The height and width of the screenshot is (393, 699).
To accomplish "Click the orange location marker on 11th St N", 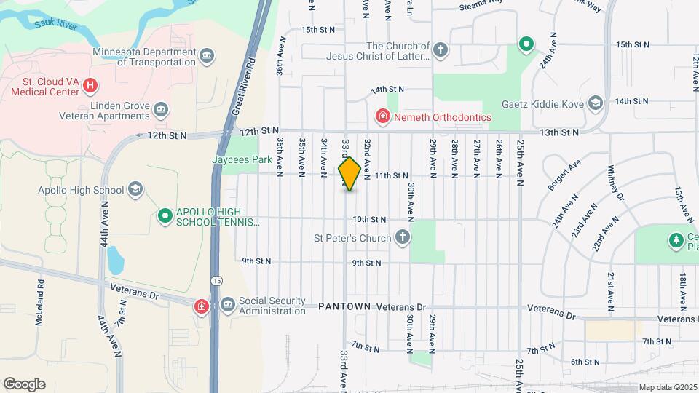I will click(x=349, y=173).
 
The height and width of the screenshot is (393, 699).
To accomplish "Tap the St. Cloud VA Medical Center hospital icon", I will click(x=90, y=86).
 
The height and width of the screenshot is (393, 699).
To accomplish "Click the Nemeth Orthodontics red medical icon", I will click(x=381, y=116).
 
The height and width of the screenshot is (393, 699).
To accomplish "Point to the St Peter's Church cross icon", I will click(x=402, y=237).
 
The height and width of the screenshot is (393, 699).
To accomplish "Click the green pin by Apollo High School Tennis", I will click(x=165, y=215).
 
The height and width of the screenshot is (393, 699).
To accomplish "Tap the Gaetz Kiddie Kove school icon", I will click(x=596, y=104).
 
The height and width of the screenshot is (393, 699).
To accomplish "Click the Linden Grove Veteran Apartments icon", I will click(x=162, y=111).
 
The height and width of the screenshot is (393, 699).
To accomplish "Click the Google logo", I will click(x=24, y=384).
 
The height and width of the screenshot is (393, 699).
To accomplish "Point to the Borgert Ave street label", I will click(x=564, y=175).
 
